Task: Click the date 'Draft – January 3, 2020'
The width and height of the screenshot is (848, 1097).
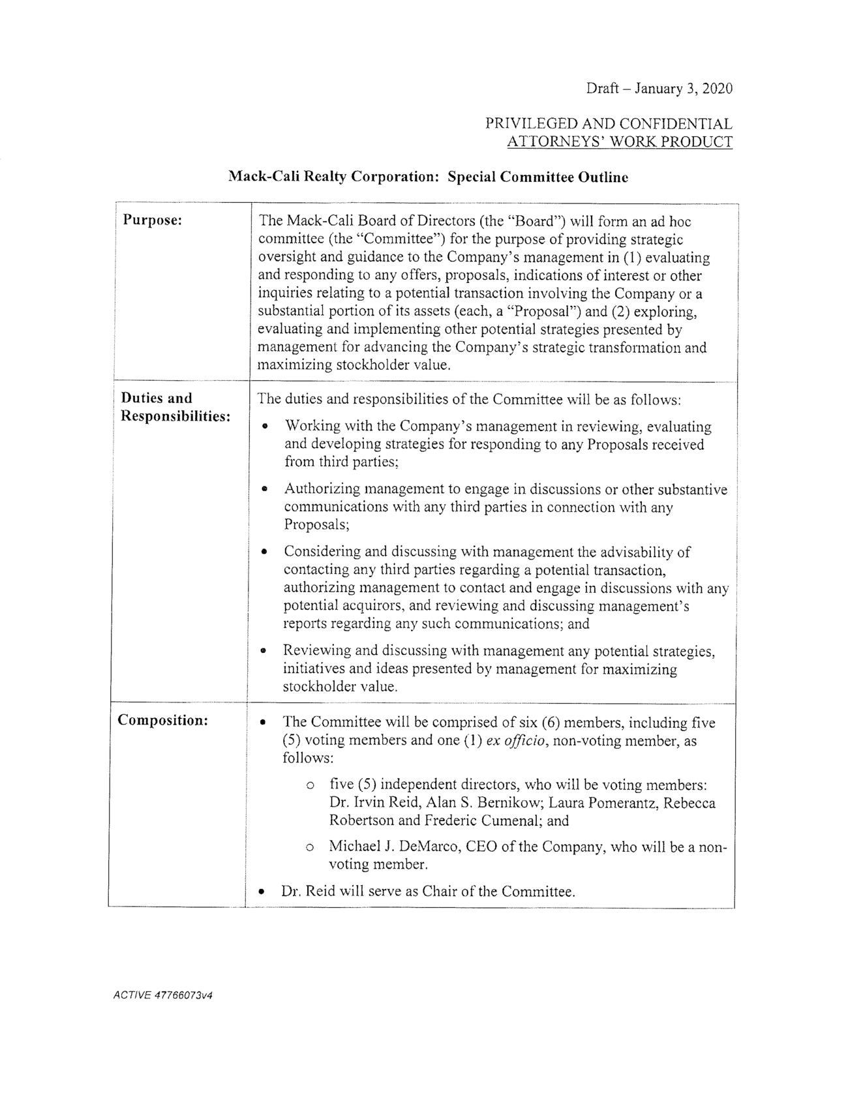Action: click(658, 88)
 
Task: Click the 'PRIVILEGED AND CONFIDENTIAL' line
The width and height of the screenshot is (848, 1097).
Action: click(608, 123)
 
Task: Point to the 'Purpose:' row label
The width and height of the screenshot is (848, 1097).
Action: click(152, 220)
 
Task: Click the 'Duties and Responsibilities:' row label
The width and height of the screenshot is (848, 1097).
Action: click(175, 407)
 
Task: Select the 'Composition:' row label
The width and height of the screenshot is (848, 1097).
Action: click(162, 720)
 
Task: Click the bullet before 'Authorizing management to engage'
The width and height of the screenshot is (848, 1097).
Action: click(264, 488)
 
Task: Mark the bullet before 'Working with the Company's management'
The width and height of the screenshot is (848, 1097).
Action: click(264, 427)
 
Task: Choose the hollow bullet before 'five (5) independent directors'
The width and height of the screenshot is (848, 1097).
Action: click(310, 785)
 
